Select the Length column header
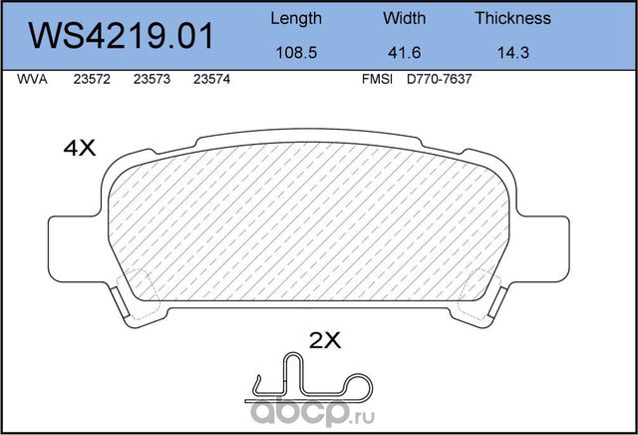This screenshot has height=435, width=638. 296,18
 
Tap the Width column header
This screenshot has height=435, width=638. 404,18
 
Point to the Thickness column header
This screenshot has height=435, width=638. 512,18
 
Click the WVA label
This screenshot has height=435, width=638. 32,85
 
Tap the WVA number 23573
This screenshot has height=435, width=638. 152,85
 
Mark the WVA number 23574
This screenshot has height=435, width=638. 211,85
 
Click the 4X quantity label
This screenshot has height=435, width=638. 78,149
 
